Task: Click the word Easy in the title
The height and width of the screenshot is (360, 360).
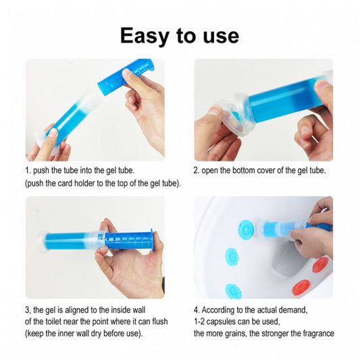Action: coord(145,36)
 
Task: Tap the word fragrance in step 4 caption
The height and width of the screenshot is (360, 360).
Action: coord(318,333)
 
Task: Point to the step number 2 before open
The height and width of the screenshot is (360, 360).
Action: coord(196,171)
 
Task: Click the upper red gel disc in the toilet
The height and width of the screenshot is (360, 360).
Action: coord(321,265)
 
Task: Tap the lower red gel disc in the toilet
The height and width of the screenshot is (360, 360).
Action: coord(301,287)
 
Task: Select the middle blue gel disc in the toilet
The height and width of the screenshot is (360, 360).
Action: coord(232,257)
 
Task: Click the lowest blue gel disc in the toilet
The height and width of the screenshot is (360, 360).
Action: coord(233,291)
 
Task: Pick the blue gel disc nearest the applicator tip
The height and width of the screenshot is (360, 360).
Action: coord(246,230)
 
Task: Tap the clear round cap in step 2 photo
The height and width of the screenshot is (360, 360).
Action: coord(231,115)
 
